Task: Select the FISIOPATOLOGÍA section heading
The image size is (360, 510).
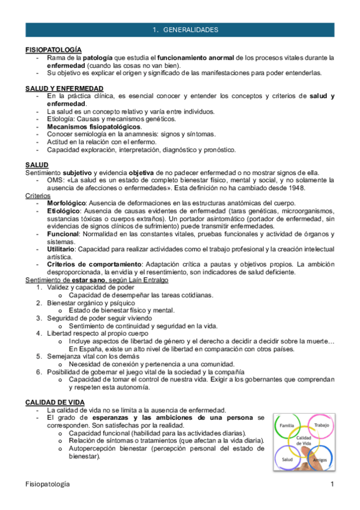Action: [x=53, y=49]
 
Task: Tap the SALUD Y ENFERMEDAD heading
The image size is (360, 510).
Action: [x=60, y=88]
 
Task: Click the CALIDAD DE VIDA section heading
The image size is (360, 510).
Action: [x=55, y=401]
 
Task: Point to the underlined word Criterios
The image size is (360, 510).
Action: [x=37, y=196]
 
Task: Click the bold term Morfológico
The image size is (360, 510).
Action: [x=67, y=204]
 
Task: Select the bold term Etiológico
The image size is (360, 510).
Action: [x=64, y=212]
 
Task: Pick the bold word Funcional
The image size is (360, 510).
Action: [x=63, y=233]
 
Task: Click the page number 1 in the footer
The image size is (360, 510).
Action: [x=331, y=484]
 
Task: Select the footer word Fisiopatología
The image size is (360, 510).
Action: [x=48, y=484]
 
